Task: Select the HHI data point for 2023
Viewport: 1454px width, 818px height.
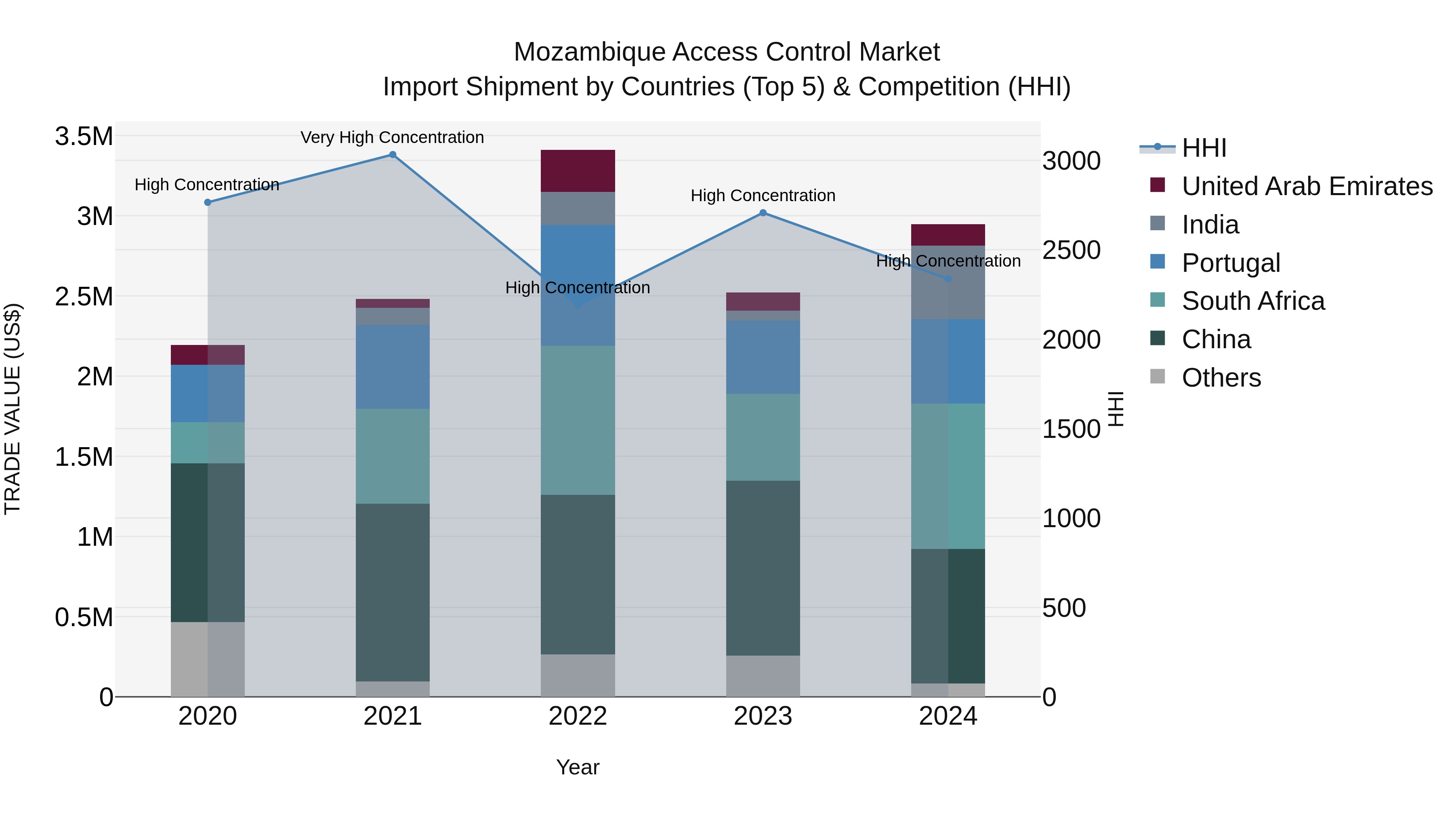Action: coord(763,213)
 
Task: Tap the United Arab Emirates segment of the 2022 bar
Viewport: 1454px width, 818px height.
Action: coord(578,171)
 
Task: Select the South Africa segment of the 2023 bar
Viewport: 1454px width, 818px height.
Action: coord(763,437)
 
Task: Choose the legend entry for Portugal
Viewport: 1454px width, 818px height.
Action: coord(1231,263)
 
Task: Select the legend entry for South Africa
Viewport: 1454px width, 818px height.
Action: coord(1252,301)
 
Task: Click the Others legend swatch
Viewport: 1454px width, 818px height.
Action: coord(1157,376)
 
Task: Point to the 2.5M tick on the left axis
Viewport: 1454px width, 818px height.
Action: coord(84,296)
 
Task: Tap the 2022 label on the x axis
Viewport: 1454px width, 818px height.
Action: coord(578,716)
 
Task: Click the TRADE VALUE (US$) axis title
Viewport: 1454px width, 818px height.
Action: coord(13,409)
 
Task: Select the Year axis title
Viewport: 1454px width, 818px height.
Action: coord(578,767)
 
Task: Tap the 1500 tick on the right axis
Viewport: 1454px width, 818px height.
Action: coord(1071,429)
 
